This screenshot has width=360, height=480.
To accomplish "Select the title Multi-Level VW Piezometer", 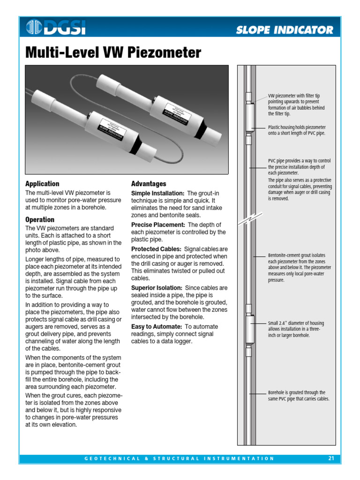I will point(113,52).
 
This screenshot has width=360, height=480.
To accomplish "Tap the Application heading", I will point(42,184).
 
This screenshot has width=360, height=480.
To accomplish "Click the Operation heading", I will point(40,219).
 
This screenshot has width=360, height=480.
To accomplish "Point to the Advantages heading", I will point(149,184).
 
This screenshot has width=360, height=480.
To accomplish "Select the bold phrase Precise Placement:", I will point(158,225).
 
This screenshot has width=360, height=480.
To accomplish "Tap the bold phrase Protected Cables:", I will point(157,249).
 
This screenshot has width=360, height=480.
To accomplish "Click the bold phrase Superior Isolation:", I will point(157,288).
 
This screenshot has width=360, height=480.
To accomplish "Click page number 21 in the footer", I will point(331,458).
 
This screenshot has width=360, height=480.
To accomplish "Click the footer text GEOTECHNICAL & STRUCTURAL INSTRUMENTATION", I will point(180,458).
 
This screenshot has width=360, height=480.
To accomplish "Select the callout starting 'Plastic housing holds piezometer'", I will point(297,130).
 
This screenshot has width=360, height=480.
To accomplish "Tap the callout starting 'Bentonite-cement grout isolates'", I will point(299,268).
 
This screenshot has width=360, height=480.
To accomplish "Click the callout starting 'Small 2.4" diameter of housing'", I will point(296,329).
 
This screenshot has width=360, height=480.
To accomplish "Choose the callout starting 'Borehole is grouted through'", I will point(299,396).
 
